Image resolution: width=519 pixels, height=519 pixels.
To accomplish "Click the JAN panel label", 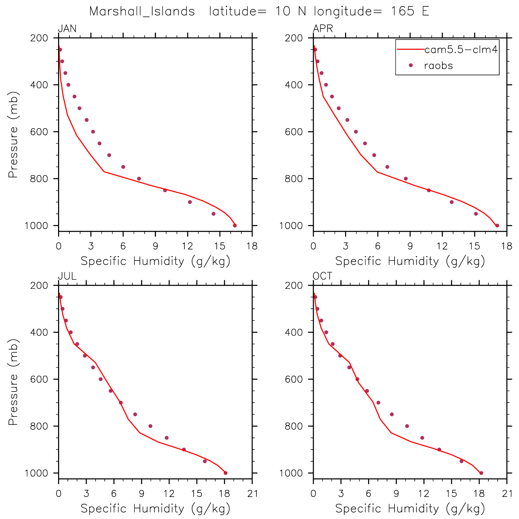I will click(x=67, y=29).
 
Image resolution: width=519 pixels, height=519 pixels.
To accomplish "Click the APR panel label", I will click(x=323, y=29).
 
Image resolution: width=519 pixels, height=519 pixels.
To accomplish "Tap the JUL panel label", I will click(x=67, y=276).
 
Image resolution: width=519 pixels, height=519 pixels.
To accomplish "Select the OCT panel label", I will click(x=322, y=276).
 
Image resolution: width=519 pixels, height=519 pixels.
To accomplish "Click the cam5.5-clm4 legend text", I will click(x=461, y=50).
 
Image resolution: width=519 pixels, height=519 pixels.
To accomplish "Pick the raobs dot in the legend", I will click(x=410, y=65).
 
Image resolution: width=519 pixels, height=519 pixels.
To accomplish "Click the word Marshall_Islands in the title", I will click(x=142, y=12).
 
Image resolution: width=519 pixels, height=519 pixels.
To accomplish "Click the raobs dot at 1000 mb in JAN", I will click(x=235, y=225).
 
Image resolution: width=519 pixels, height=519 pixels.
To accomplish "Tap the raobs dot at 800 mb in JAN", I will click(x=139, y=179).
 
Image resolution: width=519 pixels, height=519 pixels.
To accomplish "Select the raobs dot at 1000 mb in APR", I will click(x=497, y=225).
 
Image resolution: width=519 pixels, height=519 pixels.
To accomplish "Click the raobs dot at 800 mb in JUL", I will click(x=150, y=426).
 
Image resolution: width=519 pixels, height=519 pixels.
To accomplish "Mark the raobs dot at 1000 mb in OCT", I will click(x=481, y=473).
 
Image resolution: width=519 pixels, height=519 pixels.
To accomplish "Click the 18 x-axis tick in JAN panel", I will click(x=252, y=246).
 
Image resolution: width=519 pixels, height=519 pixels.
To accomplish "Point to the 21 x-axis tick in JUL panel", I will click(x=253, y=494).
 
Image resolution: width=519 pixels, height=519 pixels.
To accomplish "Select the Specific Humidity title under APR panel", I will click(x=410, y=261).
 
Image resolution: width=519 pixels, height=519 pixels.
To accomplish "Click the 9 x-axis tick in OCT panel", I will click(x=396, y=494).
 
